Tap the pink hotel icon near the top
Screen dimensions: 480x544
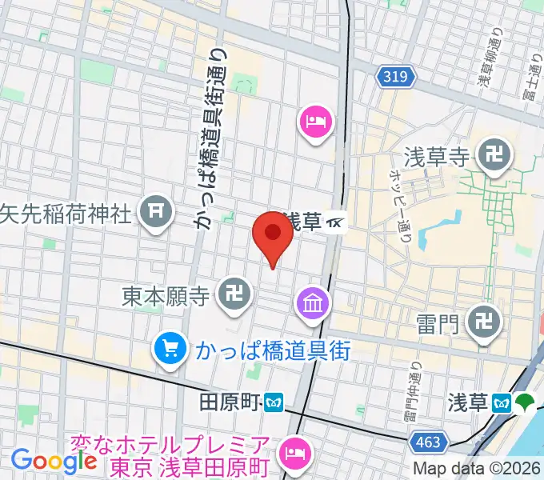pyautogui.click(x=314, y=122)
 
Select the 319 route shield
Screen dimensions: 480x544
pyautogui.click(x=394, y=76)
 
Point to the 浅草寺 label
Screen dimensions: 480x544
pyautogui.click(x=435, y=157)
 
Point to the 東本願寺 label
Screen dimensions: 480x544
pyautogui.click(x=166, y=298)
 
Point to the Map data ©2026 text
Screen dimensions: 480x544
pyautogui.click(x=478, y=470)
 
